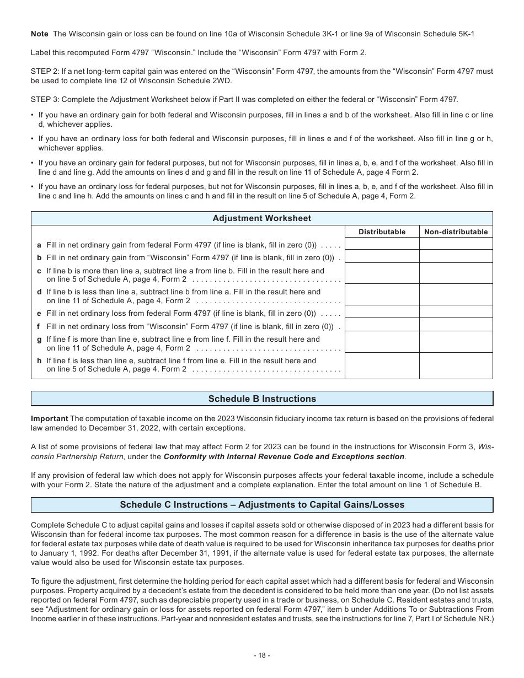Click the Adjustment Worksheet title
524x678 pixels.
click(x=261, y=218)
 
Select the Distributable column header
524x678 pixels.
click(x=382, y=232)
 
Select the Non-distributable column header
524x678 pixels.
click(x=456, y=232)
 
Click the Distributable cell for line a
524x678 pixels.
click(x=382, y=244)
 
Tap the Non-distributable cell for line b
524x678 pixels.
click(x=456, y=256)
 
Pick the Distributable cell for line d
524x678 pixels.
click(x=382, y=295)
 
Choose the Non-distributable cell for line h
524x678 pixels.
click(x=456, y=365)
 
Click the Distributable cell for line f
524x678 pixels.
click(x=382, y=325)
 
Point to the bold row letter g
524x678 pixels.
click(x=39, y=340)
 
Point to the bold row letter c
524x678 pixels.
click(x=39, y=271)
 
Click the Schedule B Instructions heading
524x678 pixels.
click(x=261, y=399)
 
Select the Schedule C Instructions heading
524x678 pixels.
click(x=261, y=505)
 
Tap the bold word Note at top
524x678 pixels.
click(x=40, y=34)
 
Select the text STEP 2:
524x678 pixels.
click(x=45, y=72)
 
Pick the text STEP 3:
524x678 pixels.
click(x=45, y=100)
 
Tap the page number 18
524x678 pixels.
click(x=261, y=655)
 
